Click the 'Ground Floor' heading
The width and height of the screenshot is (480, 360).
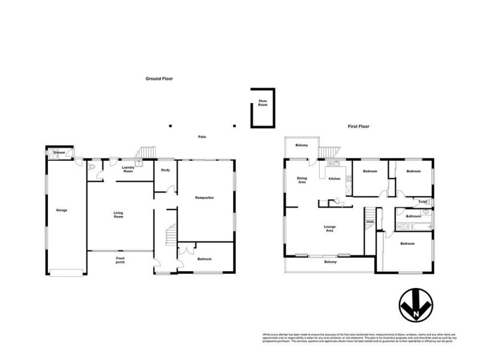(x=159, y=79)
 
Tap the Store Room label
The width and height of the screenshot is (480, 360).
(x=262, y=103)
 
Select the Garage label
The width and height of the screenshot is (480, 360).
(x=62, y=211)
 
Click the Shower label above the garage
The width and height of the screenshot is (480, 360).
(x=59, y=153)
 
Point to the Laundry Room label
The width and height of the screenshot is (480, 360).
(x=127, y=170)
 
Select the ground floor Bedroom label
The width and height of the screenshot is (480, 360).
(x=204, y=259)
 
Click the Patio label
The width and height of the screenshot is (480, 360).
(x=203, y=137)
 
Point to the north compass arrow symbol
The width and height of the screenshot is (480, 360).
(x=413, y=307)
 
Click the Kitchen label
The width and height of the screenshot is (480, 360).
(x=335, y=178)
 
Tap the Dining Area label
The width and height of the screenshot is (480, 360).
(x=302, y=181)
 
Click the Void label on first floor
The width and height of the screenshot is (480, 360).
(x=370, y=222)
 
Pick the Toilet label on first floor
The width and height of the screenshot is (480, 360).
(x=423, y=202)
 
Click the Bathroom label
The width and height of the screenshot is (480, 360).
(x=413, y=216)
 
